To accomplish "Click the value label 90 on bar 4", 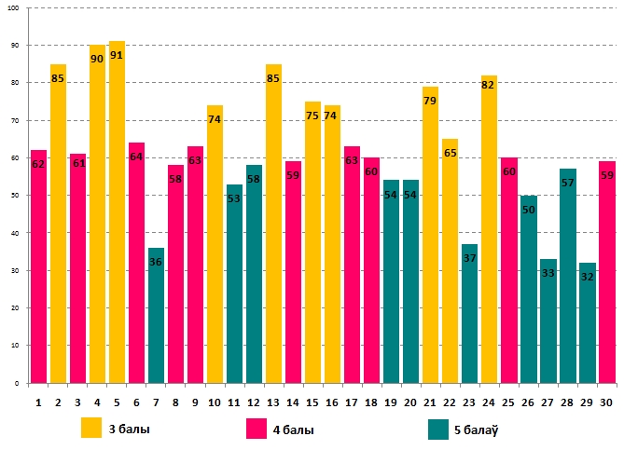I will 97,59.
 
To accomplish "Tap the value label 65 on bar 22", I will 450,153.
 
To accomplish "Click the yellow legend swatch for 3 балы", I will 91,429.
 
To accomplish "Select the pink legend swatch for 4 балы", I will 257,429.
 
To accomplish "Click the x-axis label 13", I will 273,402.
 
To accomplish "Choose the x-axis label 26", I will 528,402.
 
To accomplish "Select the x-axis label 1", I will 38,402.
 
